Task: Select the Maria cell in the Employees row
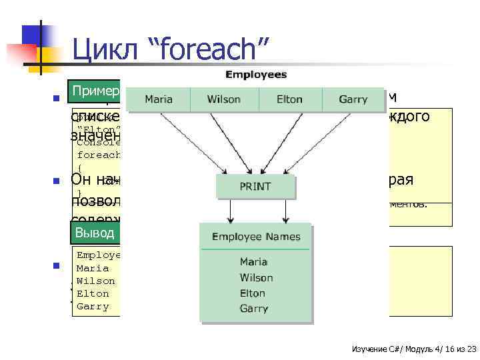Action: (158, 99)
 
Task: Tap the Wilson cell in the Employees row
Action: (224, 99)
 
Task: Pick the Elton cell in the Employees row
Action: (289, 99)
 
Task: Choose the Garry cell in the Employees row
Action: (353, 99)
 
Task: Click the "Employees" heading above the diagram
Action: (256, 75)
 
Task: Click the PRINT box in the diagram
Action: (255, 186)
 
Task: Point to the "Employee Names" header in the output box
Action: (256, 237)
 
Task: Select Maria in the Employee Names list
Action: (254, 262)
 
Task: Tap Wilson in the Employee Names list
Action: (256, 277)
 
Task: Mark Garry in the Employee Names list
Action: (254, 308)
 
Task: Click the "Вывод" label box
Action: (95, 232)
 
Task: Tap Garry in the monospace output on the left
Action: (93, 307)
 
